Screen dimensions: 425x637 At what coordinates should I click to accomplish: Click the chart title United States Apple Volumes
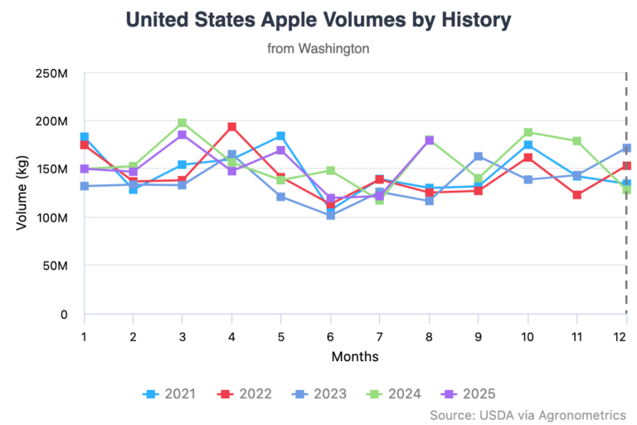(318, 19)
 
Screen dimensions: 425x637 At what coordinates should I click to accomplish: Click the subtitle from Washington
(318, 49)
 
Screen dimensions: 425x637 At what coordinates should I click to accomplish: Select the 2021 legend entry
(170, 393)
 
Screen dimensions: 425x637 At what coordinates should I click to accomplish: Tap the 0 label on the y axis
(64, 314)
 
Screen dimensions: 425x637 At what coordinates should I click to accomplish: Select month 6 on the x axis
(330, 335)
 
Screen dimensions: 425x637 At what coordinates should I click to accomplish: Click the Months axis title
(355, 357)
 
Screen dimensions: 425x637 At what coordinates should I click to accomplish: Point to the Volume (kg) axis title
(23, 193)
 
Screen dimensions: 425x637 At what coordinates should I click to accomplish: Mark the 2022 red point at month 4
(232, 127)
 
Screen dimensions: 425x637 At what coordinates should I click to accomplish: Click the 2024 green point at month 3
(182, 123)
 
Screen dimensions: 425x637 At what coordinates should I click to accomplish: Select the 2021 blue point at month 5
(281, 136)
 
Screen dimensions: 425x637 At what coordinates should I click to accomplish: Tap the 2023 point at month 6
(330, 215)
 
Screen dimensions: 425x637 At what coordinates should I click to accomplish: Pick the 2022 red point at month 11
(576, 195)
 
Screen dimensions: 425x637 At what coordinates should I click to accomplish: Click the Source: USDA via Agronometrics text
(528, 414)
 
